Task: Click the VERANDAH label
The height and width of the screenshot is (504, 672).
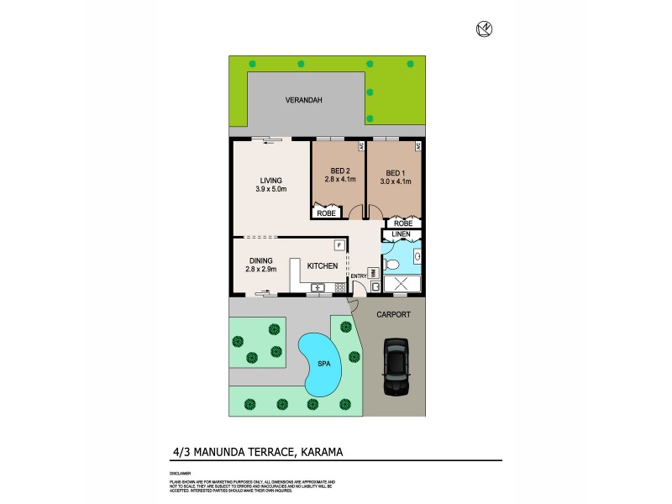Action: pyautogui.click(x=303, y=100)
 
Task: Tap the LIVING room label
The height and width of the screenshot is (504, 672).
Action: pyautogui.click(x=270, y=181)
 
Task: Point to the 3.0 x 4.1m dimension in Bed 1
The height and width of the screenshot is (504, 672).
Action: pyautogui.click(x=395, y=181)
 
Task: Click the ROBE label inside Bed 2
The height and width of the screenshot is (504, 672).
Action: pyautogui.click(x=324, y=213)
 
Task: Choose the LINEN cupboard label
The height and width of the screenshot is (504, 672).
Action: pyautogui.click(x=401, y=234)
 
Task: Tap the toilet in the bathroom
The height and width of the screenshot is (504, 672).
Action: pyautogui.click(x=391, y=264)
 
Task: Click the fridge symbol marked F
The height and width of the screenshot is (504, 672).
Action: pyautogui.click(x=339, y=245)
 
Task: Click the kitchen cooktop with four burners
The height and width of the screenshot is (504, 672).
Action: pyautogui.click(x=340, y=288)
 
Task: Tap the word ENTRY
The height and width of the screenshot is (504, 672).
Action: pyautogui.click(x=357, y=276)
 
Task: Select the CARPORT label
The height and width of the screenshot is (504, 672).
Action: pyautogui.click(x=393, y=314)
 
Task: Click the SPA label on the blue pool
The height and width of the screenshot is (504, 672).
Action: pyautogui.click(x=322, y=365)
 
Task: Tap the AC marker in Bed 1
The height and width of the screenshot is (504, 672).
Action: pyautogui.click(x=417, y=146)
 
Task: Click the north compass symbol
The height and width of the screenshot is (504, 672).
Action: pyautogui.click(x=484, y=29)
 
